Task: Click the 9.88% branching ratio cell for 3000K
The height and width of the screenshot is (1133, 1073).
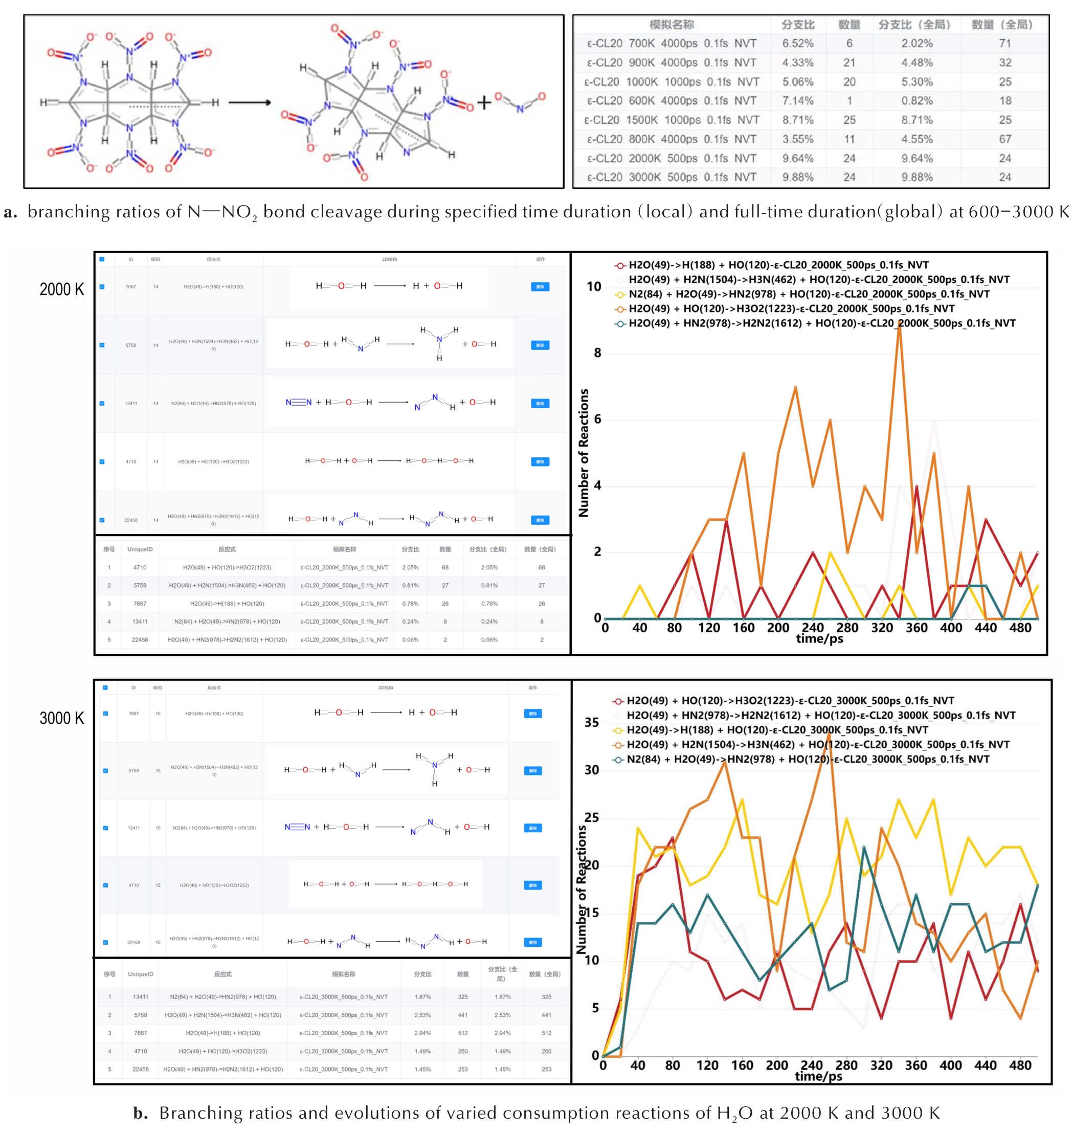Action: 797,177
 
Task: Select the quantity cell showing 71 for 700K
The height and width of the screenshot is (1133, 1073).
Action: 1005,43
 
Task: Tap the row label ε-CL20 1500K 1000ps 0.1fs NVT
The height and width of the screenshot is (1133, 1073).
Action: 672,120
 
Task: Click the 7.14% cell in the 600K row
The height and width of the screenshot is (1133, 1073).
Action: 797,101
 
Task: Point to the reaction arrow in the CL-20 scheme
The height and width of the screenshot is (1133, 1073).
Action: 250,103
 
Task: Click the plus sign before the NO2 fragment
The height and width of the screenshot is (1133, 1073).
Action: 484,103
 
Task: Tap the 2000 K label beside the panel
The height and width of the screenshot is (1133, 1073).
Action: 62,290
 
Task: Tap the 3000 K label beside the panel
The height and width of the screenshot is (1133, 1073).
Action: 62,718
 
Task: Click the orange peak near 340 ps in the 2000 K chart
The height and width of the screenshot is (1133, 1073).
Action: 900,325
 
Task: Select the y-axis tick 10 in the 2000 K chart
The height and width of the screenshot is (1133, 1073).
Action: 594,286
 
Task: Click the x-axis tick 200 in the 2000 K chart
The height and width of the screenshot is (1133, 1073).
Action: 778,628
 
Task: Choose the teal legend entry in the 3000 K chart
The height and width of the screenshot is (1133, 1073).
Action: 801,759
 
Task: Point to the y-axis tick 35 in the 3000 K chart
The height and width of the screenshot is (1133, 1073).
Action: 592,722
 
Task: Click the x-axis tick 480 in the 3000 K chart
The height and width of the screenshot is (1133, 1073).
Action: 1020,1065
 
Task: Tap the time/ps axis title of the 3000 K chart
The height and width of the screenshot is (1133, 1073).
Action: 818,1076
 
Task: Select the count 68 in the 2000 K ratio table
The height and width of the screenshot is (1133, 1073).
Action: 445,567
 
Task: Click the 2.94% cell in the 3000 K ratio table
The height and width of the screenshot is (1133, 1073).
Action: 422,1033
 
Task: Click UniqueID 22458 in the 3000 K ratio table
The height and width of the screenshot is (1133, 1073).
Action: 141,1069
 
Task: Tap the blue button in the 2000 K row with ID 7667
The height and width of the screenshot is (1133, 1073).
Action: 540,286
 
